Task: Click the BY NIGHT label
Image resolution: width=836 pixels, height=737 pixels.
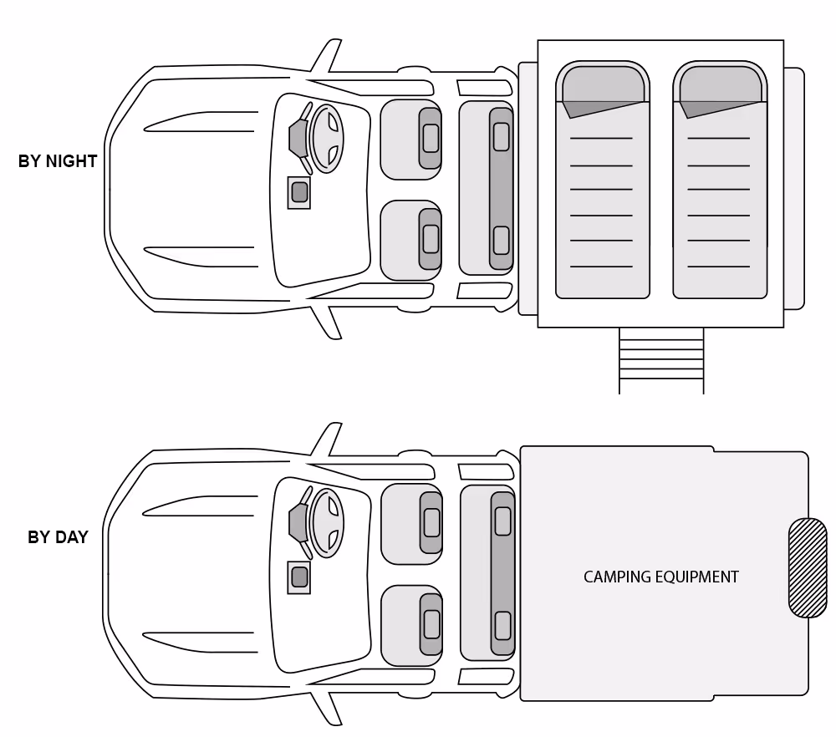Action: (58, 161)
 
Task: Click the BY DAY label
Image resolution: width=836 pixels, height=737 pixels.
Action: (58, 537)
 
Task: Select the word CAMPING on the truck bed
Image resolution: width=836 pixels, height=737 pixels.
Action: (612, 577)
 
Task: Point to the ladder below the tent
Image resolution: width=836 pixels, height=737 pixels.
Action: (661, 359)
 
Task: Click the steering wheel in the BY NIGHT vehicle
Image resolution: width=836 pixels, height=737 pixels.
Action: (327, 138)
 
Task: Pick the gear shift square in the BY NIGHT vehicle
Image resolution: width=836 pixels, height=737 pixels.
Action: (298, 193)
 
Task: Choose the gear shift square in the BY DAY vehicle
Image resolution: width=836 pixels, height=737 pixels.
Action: (298, 577)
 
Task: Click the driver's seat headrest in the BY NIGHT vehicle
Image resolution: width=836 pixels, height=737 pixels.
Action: (431, 138)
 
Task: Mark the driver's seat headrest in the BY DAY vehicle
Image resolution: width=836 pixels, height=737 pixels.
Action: (431, 522)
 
